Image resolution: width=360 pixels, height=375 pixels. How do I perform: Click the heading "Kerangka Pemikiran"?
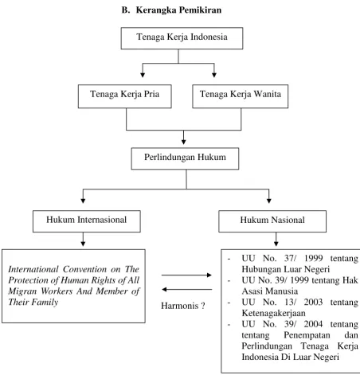[178, 10]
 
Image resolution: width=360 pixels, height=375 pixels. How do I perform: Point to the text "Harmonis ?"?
[183, 306]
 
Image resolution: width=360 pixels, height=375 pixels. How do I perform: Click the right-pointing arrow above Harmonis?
[186, 275]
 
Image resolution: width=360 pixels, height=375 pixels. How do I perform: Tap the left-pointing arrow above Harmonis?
[187, 289]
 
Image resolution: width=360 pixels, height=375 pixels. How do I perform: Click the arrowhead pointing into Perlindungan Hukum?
[183, 142]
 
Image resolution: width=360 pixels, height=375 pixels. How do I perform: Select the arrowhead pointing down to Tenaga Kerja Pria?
[143, 75]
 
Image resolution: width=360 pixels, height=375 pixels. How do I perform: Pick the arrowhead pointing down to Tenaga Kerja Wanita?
[214, 75]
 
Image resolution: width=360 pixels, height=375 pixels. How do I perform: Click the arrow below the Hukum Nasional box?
[276, 239]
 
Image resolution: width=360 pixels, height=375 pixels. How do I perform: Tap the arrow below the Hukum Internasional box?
[83, 239]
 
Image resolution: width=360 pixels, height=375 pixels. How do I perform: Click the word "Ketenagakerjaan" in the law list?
[273, 313]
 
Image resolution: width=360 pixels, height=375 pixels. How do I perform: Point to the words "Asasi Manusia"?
[270, 291]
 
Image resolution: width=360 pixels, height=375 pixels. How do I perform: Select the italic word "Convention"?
[84, 269]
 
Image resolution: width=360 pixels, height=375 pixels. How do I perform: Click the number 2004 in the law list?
[313, 324]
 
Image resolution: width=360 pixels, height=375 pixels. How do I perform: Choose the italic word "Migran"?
[22, 291]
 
